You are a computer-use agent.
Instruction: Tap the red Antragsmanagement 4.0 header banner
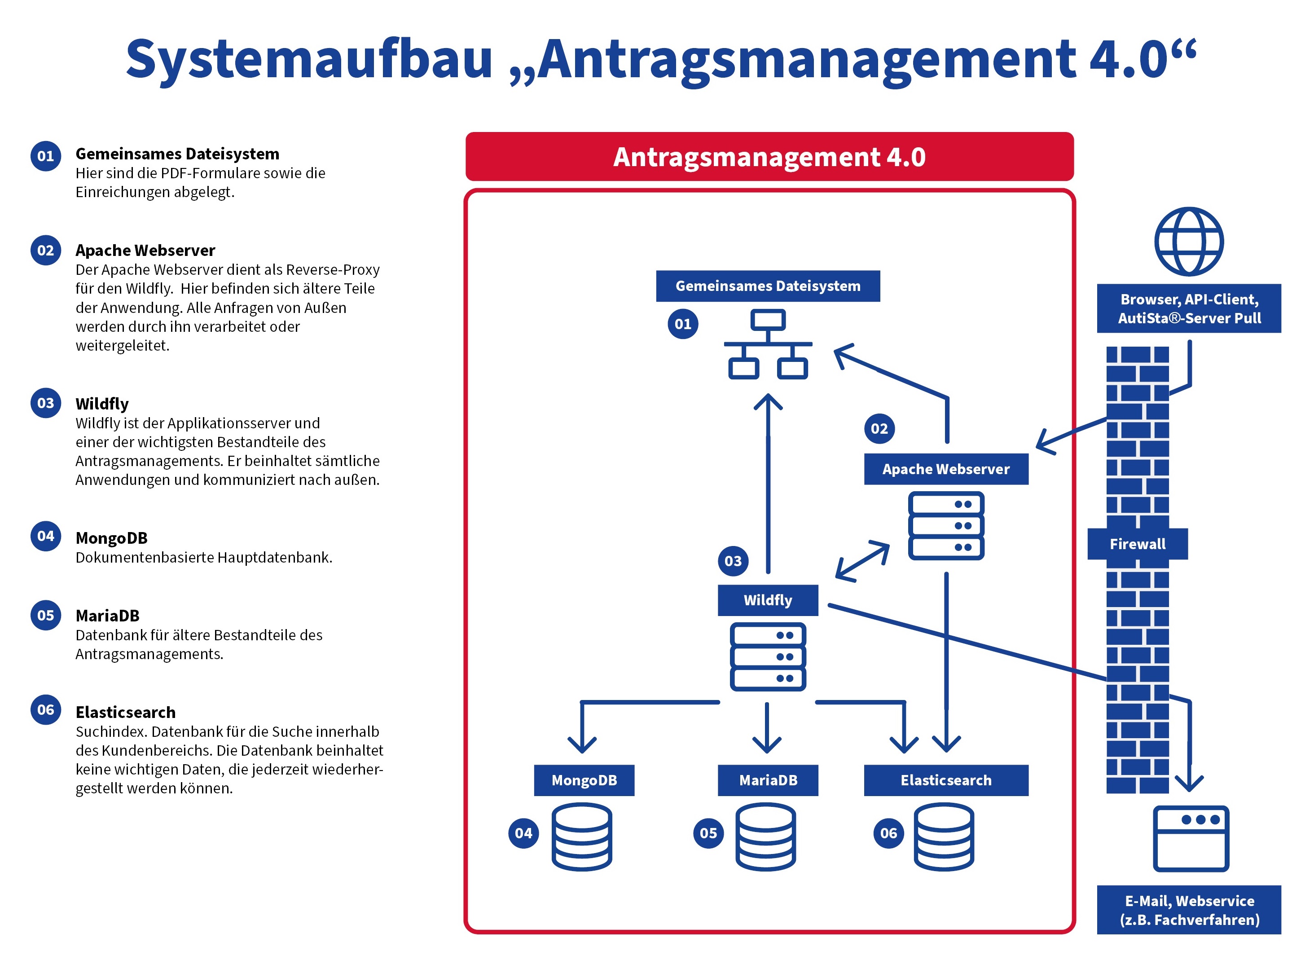pyautogui.click(x=769, y=157)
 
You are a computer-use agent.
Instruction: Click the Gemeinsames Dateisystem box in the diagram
pyautogui.click(x=767, y=286)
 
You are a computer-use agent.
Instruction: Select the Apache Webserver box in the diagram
pyautogui.click(x=945, y=469)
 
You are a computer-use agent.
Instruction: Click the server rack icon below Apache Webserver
pyautogui.click(x=945, y=525)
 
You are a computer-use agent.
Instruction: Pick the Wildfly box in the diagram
pyautogui.click(x=767, y=600)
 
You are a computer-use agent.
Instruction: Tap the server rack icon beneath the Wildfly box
pyautogui.click(x=767, y=657)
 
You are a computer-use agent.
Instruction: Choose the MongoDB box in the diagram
pyautogui.click(x=584, y=780)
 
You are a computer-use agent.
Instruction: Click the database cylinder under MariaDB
pyautogui.click(x=765, y=837)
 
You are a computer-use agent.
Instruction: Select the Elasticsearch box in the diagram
pyautogui.click(x=945, y=780)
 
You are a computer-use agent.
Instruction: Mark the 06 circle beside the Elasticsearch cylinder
pyautogui.click(x=888, y=833)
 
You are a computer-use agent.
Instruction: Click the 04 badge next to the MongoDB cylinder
pyautogui.click(x=523, y=833)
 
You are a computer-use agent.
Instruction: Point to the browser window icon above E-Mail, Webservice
pyautogui.click(x=1191, y=838)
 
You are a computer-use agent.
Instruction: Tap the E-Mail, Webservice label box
pyautogui.click(x=1189, y=910)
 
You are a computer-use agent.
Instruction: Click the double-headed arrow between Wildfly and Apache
pyautogui.click(x=862, y=561)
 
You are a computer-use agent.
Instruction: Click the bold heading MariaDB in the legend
pyautogui.click(x=107, y=616)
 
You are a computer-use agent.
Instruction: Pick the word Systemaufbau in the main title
pyautogui.click(x=308, y=59)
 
